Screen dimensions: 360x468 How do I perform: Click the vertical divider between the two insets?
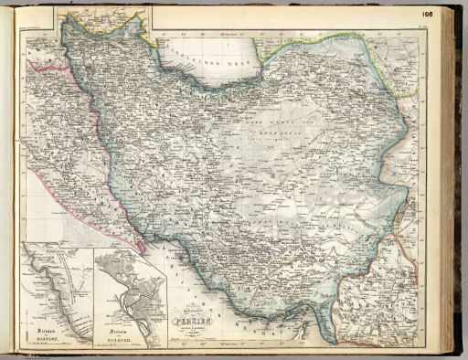coord(94,292)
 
